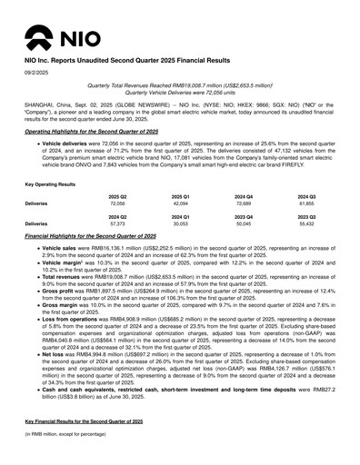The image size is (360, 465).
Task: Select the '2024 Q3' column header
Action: [x=306, y=196]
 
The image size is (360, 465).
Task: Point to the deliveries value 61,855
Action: [x=306, y=204]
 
